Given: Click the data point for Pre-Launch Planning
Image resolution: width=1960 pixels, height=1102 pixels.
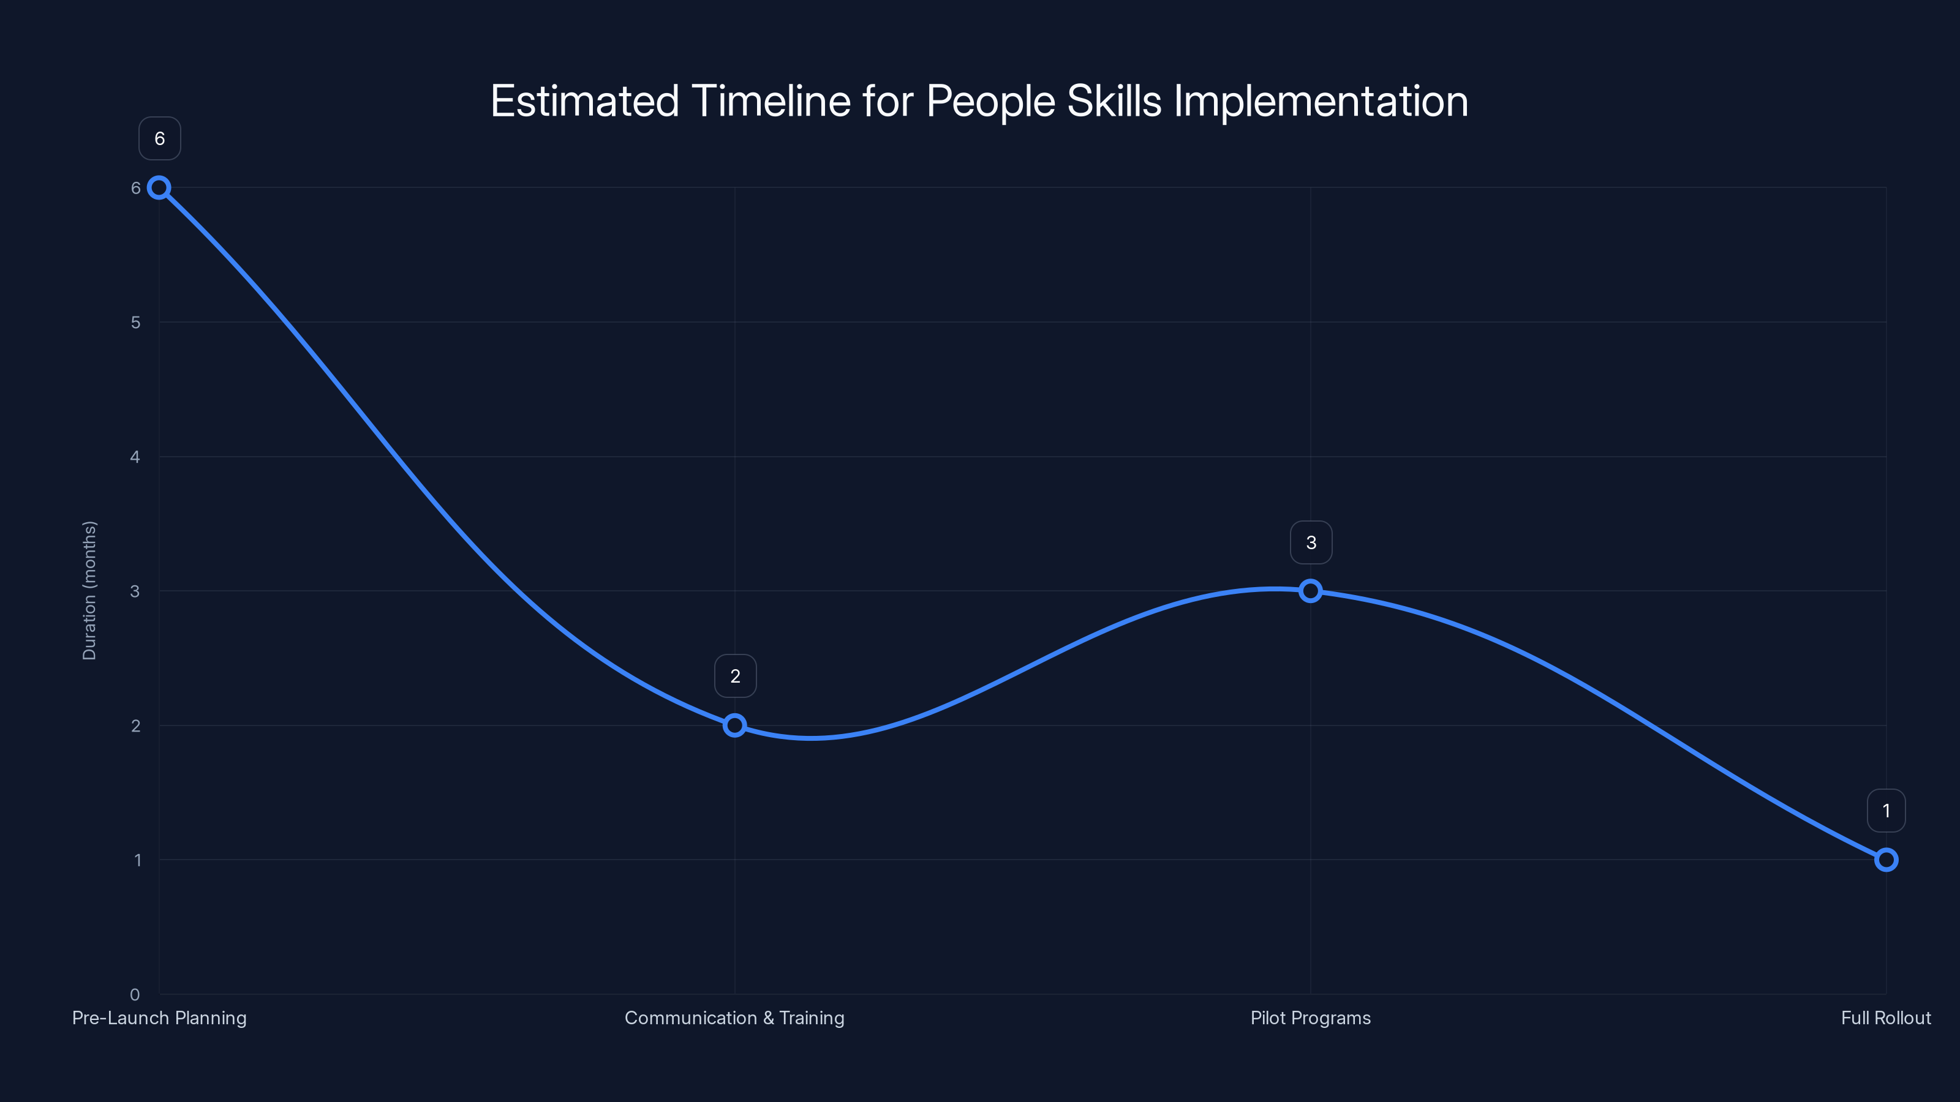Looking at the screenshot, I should tap(159, 188).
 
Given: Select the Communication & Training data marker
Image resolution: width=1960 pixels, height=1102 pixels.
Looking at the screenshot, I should tap(734, 725).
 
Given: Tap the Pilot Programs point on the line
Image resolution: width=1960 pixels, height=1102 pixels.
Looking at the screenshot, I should tap(1310, 591).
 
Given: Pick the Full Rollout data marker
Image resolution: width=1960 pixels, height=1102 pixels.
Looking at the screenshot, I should tap(1885, 860).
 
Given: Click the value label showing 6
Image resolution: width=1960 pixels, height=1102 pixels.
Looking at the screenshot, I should tap(160, 139).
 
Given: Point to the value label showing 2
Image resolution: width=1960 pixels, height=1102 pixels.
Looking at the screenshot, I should tap(735, 676).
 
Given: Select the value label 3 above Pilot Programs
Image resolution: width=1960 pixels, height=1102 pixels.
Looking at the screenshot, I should tap(1311, 543).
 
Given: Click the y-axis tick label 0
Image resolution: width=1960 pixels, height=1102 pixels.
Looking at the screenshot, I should tap(135, 995).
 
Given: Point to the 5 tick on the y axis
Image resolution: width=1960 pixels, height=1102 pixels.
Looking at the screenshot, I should tap(135, 323).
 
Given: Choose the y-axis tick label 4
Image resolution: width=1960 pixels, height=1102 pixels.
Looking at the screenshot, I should tap(135, 457).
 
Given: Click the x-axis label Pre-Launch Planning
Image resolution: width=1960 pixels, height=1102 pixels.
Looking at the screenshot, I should tap(159, 1018).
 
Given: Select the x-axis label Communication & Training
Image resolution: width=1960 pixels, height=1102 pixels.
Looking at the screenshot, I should tap(734, 1018).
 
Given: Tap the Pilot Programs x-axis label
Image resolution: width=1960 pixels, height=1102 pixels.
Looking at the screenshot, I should tap(1310, 1018).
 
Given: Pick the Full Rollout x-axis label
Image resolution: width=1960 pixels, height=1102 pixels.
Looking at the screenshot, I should tap(1885, 1018).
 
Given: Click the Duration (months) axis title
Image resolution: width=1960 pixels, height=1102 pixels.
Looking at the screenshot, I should tap(90, 591).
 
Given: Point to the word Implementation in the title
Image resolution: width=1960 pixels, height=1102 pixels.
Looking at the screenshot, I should tap(1321, 101).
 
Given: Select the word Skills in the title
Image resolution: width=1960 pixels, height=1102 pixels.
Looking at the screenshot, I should tap(1114, 101).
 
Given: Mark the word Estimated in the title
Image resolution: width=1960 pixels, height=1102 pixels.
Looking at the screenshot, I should tap(584, 101).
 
